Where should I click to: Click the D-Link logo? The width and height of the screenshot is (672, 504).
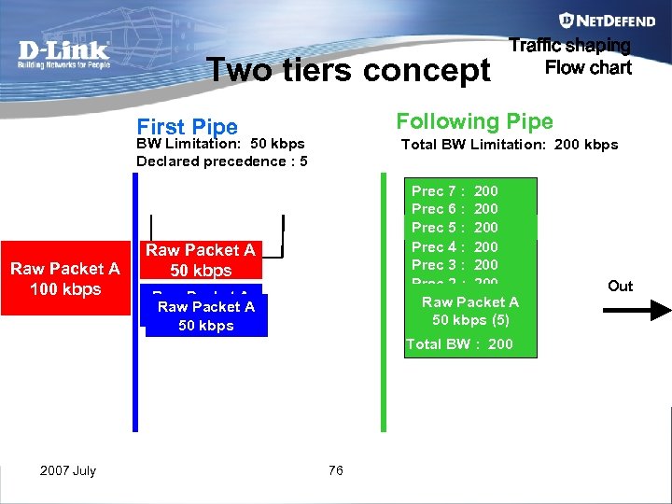pyautogui.click(x=63, y=54)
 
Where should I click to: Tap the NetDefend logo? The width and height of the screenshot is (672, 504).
pyautogui.click(x=595, y=20)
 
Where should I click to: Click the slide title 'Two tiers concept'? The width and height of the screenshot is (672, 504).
pyautogui.click(x=348, y=69)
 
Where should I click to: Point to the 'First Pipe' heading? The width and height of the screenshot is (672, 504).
pyautogui.click(x=187, y=126)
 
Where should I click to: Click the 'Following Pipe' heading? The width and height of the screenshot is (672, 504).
pyautogui.click(x=474, y=121)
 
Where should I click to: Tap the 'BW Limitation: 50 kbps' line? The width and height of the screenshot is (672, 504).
pyautogui.click(x=220, y=144)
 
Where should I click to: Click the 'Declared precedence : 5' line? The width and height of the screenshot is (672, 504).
pyautogui.click(x=222, y=161)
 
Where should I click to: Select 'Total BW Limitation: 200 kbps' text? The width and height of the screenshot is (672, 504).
pyautogui.click(x=509, y=144)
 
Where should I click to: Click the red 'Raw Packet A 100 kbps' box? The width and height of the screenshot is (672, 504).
pyautogui.click(x=64, y=278)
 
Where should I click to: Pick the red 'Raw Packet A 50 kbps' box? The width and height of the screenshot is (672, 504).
pyautogui.click(x=200, y=259)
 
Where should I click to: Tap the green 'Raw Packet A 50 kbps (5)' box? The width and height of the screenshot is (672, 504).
pyautogui.click(x=470, y=311)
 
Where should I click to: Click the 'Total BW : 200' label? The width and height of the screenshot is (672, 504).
pyautogui.click(x=459, y=344)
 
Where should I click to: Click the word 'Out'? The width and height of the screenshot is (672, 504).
pyautogui.click(x=620, y=286)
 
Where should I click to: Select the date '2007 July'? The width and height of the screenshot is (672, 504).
pyautogui.click(x=68, y=470)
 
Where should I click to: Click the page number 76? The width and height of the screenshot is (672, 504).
pyautogui.click(x=336, y=470)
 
